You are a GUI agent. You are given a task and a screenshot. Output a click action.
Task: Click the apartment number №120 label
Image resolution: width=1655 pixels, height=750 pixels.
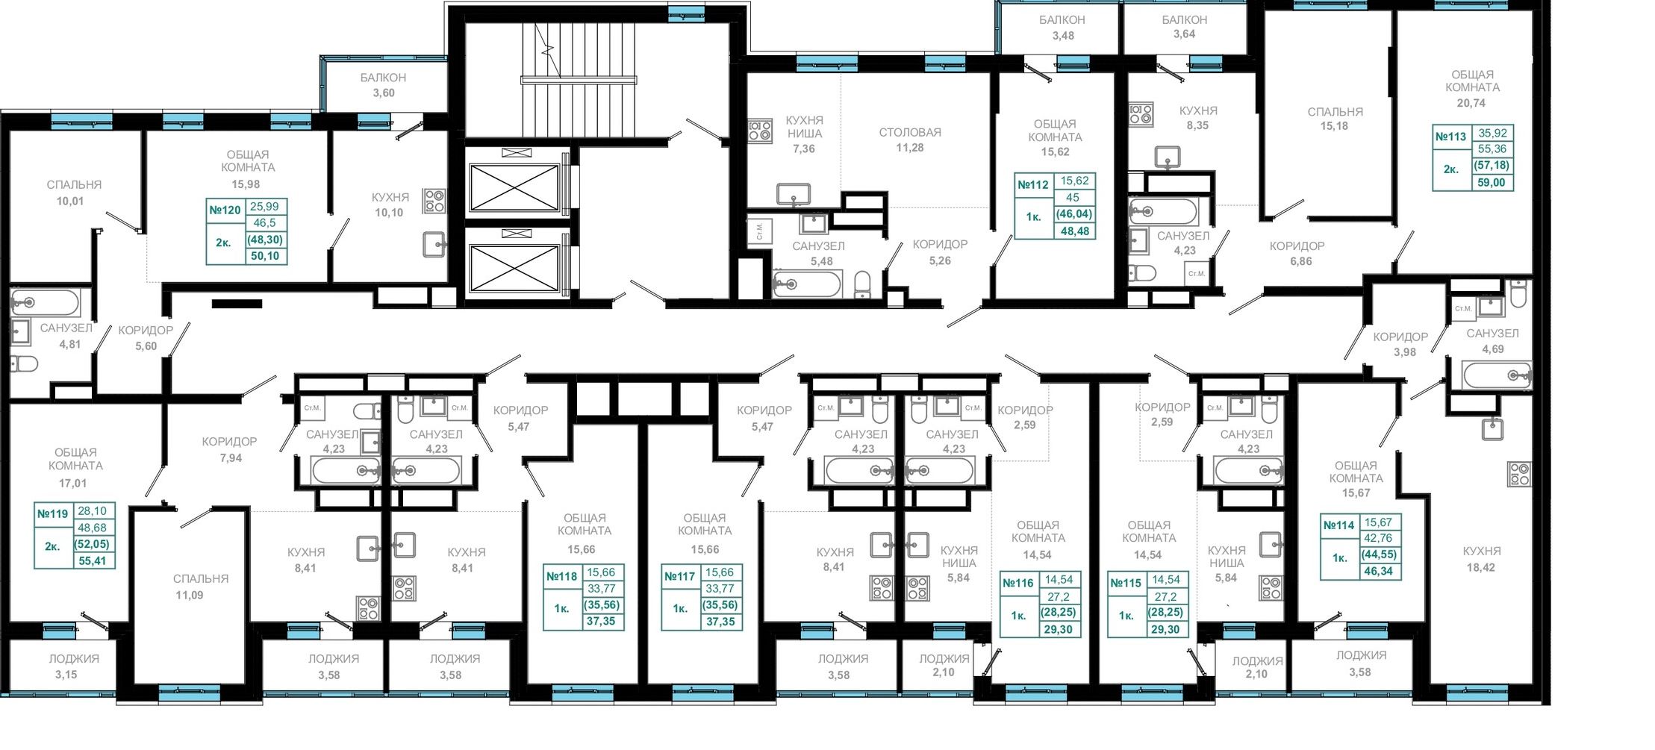click(225, 210)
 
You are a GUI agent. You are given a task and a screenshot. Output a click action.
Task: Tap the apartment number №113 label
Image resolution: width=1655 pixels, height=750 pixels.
click(1450, 137)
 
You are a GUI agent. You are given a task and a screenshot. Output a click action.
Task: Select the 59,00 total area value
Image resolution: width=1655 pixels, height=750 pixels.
click(1492, 182)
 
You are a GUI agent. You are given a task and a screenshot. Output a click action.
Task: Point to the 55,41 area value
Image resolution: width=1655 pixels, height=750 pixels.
click(93, 560)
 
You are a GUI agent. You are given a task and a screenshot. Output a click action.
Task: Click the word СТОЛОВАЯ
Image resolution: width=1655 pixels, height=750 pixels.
click(910, 132)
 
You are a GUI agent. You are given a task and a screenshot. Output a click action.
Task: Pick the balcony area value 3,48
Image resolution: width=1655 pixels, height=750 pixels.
click(1063, 35)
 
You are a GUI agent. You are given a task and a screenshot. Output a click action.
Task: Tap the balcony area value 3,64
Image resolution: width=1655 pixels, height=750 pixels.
click(1184, 34)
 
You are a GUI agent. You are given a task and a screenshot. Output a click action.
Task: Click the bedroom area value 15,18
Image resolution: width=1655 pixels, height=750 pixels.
click(1334, 126)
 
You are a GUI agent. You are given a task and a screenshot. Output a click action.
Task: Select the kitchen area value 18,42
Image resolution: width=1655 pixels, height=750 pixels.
click(1481, 567)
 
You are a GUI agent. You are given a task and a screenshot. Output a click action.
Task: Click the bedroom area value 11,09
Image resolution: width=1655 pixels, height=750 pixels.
click(190, 595)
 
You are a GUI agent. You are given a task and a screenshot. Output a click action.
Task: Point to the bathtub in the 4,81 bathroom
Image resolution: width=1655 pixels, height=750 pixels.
click(45, 302)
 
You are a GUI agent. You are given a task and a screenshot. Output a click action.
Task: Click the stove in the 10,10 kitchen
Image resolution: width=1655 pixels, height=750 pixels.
click(434, 201)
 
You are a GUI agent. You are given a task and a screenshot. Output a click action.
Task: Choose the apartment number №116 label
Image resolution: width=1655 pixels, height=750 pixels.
click(1018, 583)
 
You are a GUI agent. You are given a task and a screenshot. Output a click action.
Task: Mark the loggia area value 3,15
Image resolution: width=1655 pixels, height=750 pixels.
click(66, 675)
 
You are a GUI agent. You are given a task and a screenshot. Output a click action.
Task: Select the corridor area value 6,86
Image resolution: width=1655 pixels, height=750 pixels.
click(1300, 261)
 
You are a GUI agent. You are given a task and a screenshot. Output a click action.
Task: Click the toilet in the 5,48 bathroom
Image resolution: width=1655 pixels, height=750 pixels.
click(862, 284)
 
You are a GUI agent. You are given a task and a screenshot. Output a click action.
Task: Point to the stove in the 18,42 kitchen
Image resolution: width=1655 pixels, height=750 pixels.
click(1520, 474)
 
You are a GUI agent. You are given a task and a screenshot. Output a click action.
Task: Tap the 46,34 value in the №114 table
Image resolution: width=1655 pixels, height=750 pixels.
click(1379, 571)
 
